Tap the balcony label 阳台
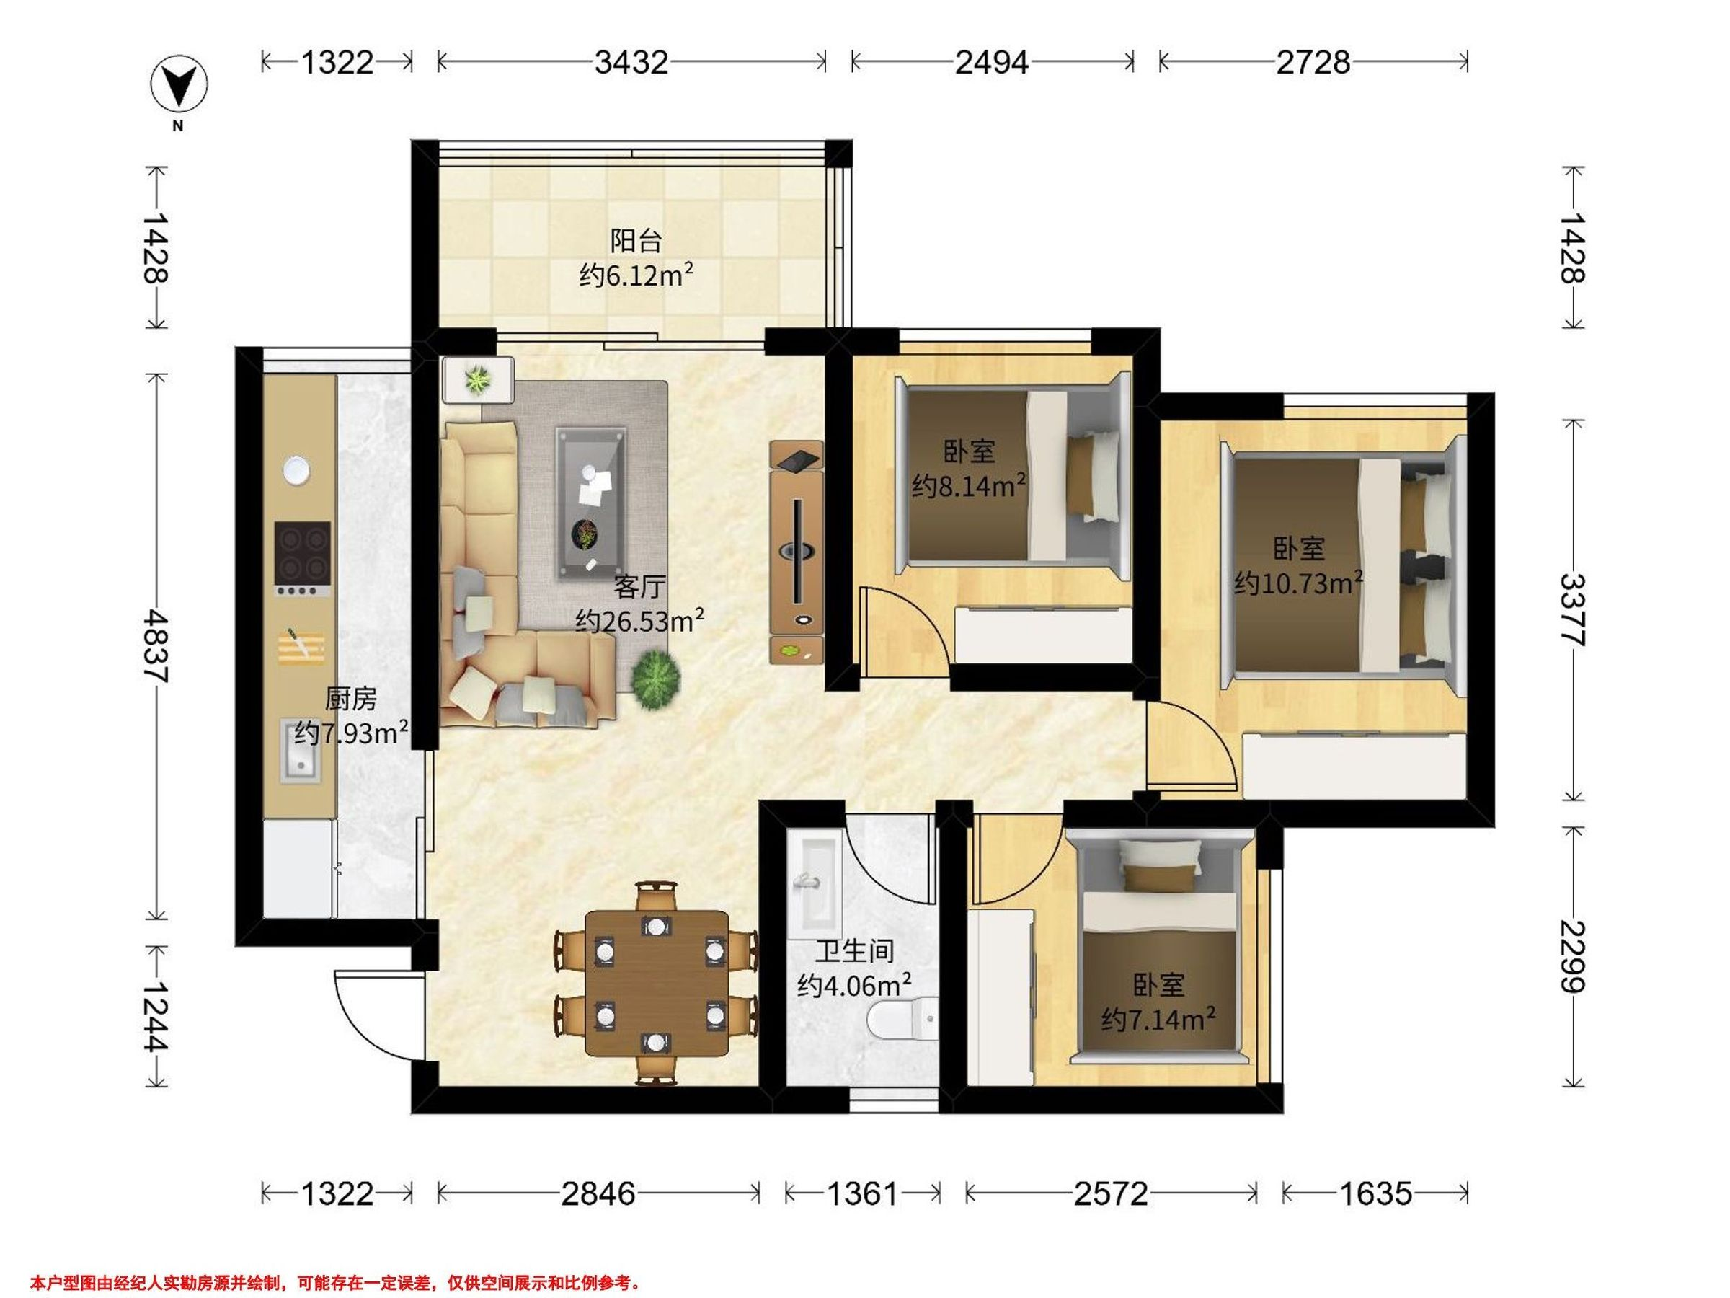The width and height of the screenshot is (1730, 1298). pos(636,240)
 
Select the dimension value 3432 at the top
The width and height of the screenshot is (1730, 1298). pos(631,62)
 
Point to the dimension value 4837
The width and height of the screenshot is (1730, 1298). pos(156,645)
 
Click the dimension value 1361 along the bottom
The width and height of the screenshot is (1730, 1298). pos(864,1193)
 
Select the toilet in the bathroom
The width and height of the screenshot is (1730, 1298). pos(902,1018)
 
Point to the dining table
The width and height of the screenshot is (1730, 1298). pos(657,983)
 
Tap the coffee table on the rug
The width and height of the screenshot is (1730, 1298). pos(591,504)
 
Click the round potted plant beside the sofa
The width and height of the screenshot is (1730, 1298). pos(655,680)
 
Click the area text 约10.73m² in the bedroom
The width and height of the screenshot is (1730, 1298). pos(1299,583)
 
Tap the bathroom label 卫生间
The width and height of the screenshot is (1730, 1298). pos(855,950)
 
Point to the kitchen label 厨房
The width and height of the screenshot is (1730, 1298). pos(351,698)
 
